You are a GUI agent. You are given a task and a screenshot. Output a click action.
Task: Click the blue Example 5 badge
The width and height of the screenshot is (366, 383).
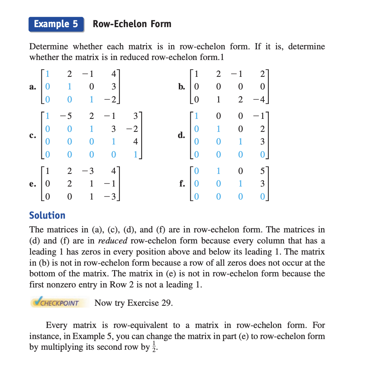coord(56,24)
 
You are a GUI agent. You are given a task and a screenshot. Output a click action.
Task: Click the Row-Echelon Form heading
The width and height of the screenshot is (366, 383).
coord(132,24)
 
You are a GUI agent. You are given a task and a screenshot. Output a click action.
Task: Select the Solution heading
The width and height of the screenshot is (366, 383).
coord(47,215)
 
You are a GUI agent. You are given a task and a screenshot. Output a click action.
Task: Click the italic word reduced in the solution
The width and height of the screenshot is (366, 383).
coord(113,241)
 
